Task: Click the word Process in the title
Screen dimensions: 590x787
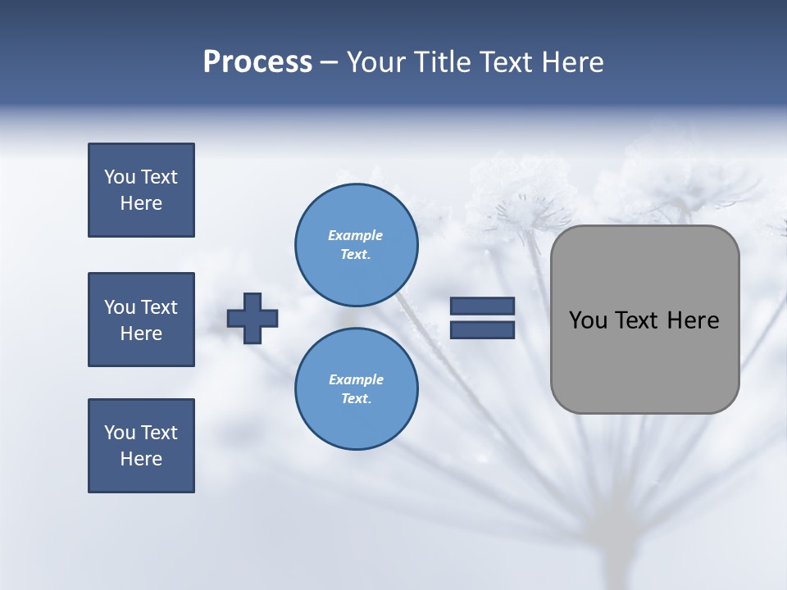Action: coord(257,62)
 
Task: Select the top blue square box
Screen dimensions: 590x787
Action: coord(141,190)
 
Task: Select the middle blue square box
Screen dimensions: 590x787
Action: coord(141,320)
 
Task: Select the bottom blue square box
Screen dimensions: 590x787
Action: coord(141,446)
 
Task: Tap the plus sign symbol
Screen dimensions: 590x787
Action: coord(252,318)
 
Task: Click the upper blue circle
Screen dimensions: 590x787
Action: coord(357,245)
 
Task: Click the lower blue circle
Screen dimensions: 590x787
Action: coord(357,389)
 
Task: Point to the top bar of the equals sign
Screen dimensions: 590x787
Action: coord(483,306)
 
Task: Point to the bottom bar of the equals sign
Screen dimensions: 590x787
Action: coord(483,329)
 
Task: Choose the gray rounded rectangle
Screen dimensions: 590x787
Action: coord(645,320)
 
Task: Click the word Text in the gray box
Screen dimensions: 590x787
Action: coord(639,320)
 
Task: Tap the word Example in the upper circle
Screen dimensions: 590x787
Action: coord(356,235)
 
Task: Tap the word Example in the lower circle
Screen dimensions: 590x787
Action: coord(356,379)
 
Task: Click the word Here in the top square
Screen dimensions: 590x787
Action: coord(141,203)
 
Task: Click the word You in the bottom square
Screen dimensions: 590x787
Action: coord(120,433)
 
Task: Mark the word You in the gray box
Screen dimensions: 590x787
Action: coord(588,320)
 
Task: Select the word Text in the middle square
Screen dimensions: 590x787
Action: coord(158,307)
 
